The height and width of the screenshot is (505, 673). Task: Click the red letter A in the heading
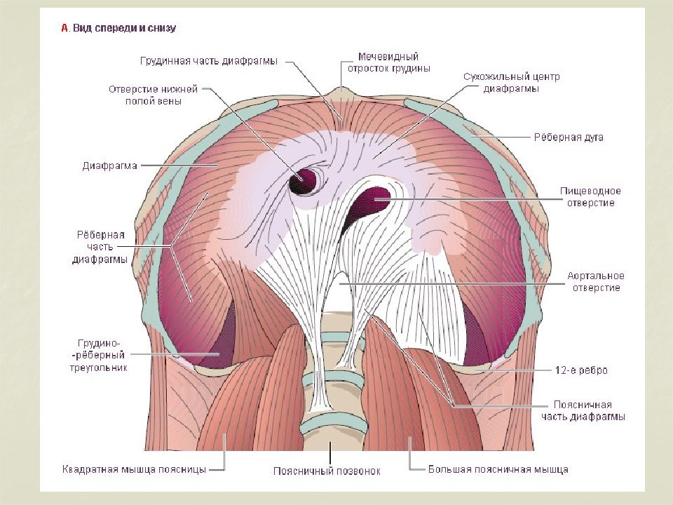pos(64,28)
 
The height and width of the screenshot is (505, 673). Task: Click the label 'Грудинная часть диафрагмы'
pos(209,61)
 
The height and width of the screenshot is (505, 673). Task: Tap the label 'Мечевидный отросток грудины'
pos(388,62)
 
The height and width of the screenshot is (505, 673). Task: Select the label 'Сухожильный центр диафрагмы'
pos(512,83)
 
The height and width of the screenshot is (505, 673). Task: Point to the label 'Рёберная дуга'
pos(569,137)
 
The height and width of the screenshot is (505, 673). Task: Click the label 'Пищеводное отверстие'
pos(590,196)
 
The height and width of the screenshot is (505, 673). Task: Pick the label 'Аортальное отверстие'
pos(596,282)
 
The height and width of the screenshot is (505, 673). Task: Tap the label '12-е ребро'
pos(581,370)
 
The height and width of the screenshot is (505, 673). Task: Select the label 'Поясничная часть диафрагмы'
pos(583,410)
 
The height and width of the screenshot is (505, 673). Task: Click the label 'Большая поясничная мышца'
pos(498,469)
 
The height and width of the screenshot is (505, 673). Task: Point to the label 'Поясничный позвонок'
pos(327,471)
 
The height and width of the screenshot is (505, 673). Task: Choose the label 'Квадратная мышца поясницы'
pos(135,469)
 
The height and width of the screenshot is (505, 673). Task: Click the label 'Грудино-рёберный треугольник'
pos(99,356)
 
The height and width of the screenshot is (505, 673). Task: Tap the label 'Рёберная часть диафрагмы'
pos(100,247)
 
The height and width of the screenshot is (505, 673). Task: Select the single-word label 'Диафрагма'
pos(110,166)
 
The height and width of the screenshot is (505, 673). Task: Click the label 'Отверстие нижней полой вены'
pos(154,95)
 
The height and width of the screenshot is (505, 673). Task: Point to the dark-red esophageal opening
pos(369,202)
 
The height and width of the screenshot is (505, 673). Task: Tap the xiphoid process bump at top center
pos(342,93)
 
